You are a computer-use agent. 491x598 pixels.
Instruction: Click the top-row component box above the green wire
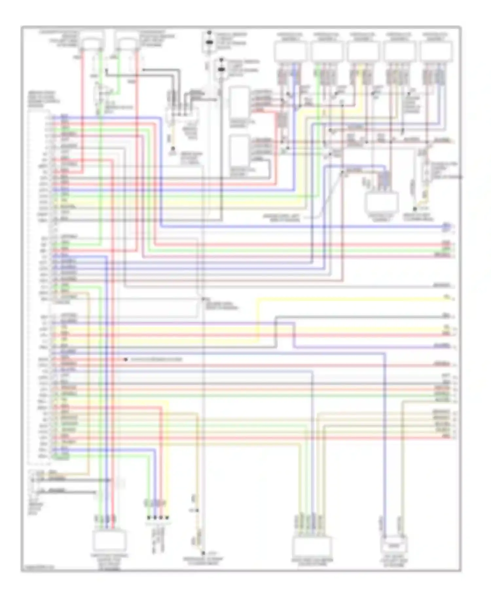327,52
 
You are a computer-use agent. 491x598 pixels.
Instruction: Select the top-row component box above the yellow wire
363,52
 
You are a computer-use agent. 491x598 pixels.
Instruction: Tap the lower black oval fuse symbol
222,70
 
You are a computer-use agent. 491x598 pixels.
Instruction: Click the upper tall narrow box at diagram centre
239,103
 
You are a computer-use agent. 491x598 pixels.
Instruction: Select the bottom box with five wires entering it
312,547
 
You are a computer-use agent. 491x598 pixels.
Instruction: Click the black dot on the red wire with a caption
126,360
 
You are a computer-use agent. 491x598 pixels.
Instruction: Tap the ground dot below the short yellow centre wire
173,148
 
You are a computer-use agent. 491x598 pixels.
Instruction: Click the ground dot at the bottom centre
203,553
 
